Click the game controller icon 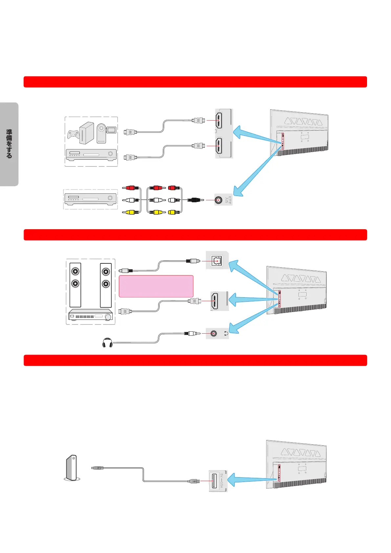[74, 135]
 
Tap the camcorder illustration [106, 133]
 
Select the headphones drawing [107, 343]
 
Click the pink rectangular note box [156, 286]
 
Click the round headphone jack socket [214, 334]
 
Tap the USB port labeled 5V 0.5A [215, 481]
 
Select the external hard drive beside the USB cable [72, 468]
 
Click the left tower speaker [76, 285]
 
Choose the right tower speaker [106, 285]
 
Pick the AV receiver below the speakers [91, 316]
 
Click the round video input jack [219, 200]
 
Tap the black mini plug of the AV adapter [194, 200]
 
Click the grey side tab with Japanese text [9, 144]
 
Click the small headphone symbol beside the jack [226, 334]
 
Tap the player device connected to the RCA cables [90, 198]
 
